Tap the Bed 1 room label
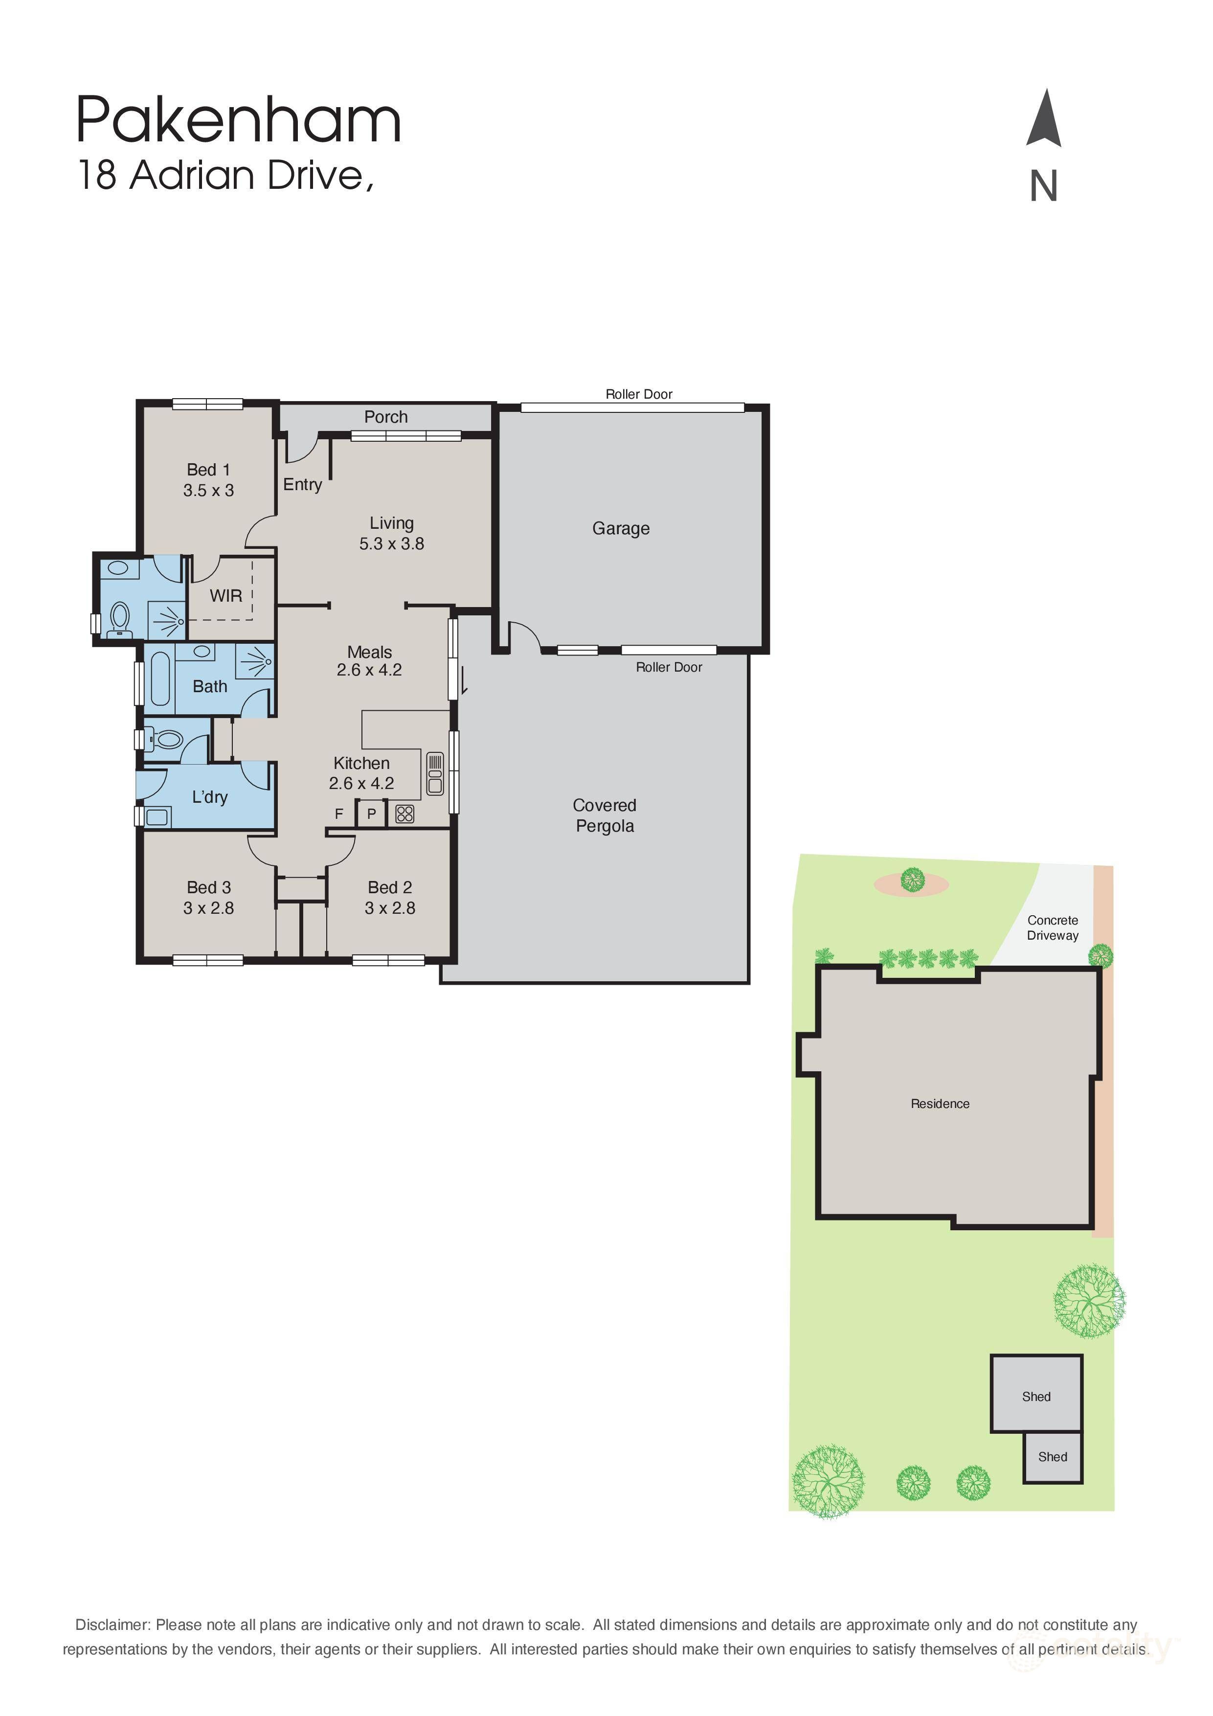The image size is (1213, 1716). (208, 470)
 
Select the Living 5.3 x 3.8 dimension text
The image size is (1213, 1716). (392, 544)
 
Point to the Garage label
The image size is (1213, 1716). (621, 528)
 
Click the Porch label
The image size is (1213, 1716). (385, 417)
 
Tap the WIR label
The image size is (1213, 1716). (225, 596)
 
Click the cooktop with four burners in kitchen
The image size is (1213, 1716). (404, 813)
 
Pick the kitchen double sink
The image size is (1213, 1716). (435, 773)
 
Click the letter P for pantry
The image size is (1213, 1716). (371, 814)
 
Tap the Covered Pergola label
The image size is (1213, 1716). (605, 815)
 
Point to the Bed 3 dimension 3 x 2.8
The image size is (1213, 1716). (208, 908)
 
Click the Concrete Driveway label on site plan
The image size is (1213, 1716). (1052, 927)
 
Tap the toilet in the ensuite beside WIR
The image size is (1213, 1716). (119, 620)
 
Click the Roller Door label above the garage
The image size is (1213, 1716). (639, 394)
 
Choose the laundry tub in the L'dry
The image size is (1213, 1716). (157, 816)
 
